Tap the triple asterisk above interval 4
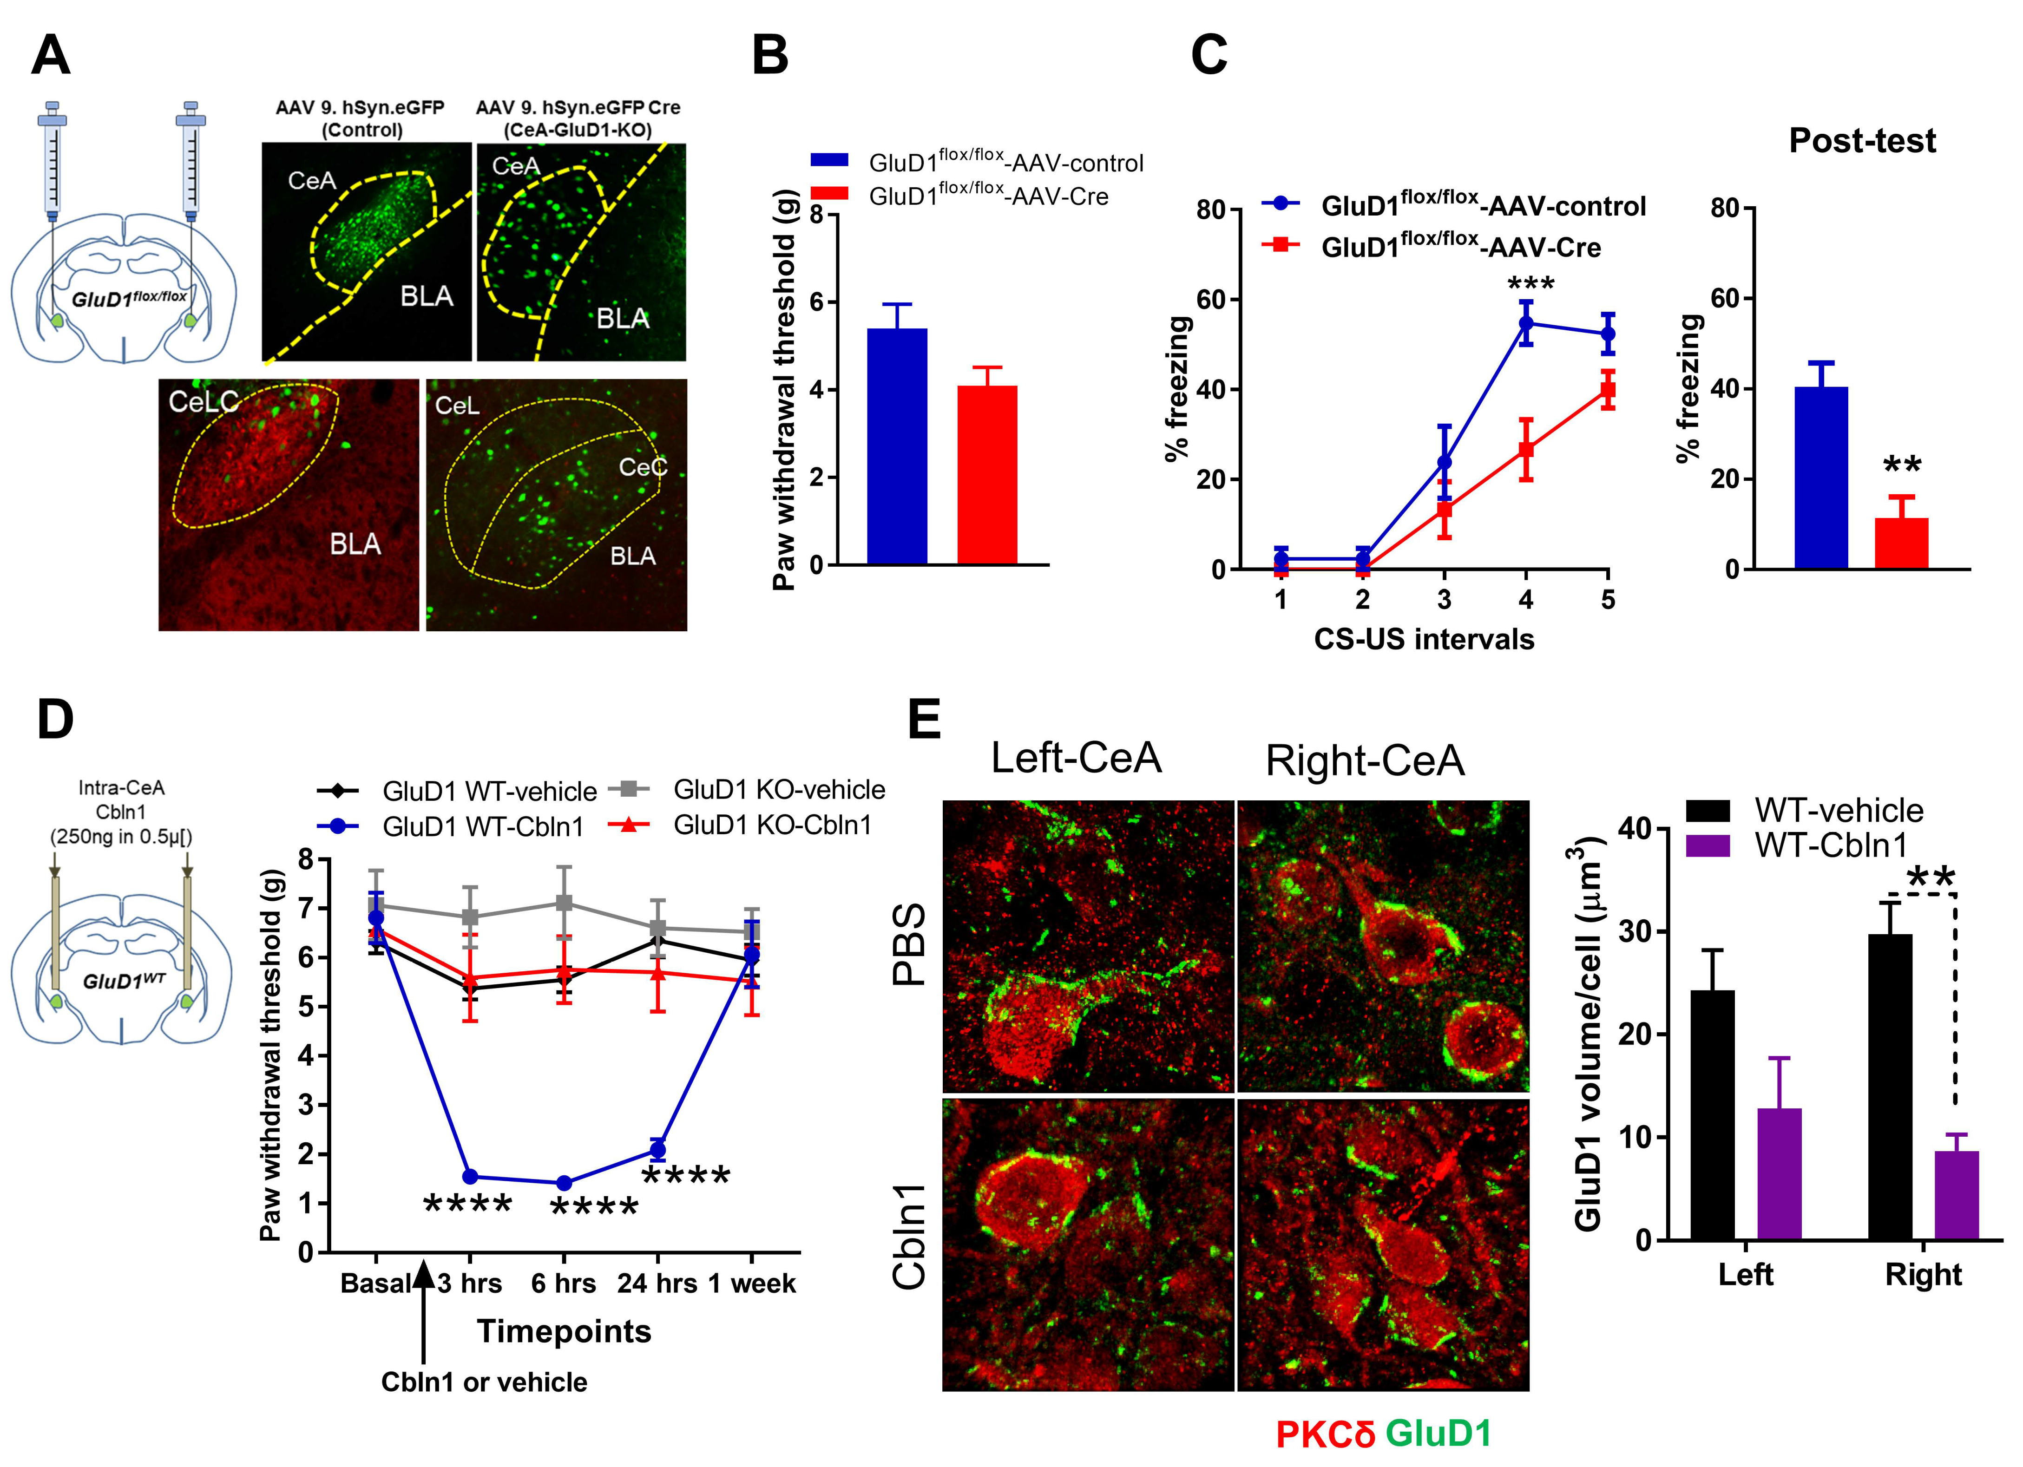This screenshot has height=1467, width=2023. (1530, 284)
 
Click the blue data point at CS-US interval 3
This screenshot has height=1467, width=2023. (1444, 462)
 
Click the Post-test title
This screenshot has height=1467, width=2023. (1862, 141)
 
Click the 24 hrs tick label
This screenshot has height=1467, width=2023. (657, 1284)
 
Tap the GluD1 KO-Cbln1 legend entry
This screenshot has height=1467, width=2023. (772, 825)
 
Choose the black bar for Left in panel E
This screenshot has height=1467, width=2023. (1712, 1115)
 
